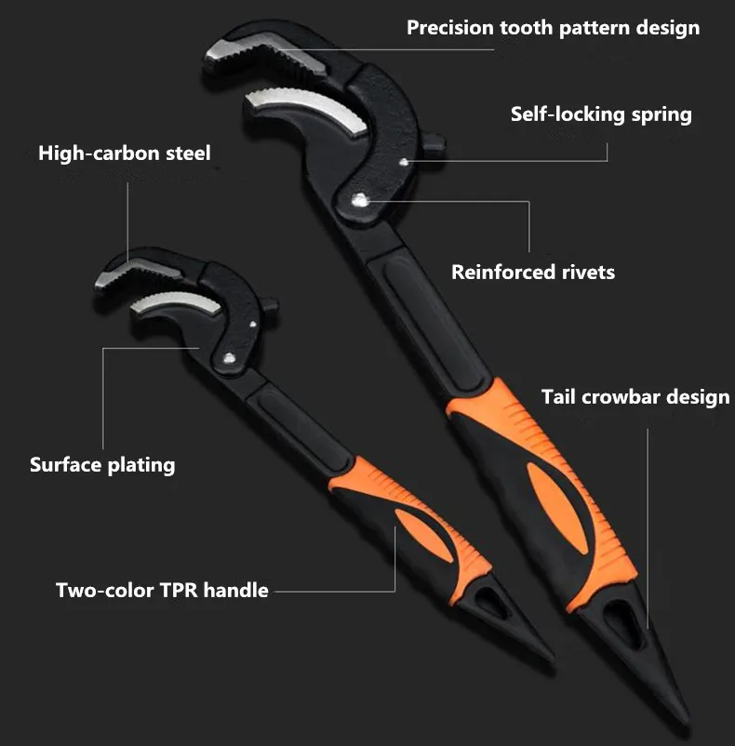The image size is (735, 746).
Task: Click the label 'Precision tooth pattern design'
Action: coord(553,28)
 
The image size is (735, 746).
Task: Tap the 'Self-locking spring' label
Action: coord(601,114)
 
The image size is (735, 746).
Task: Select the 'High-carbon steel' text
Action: coord(124,153)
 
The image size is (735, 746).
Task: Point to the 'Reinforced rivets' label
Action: coord(533,273)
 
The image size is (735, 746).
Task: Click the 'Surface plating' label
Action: coord(102,465)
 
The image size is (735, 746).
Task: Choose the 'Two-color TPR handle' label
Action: coord(162,590)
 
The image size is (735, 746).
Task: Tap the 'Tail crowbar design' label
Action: coord(635,397)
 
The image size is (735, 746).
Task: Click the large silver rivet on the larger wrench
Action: coord(360,200)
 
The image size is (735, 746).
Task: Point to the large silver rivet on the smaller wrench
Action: coord(230,358)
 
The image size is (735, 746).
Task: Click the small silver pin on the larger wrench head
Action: coord(404,162)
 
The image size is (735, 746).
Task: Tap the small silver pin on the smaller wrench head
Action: coord(253,325)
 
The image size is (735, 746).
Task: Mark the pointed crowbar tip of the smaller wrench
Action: coord(551,659)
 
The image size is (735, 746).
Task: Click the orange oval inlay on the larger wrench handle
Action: coord(555,508)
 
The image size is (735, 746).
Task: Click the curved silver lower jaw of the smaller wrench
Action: coord(177,303)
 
